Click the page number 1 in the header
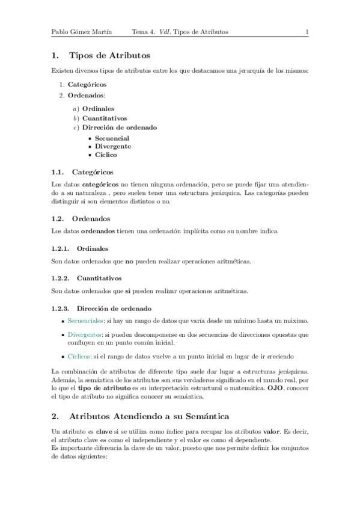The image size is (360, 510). pyautogui.click(x=307, y=32)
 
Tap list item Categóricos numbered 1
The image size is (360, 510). pyautogui.click(x=88, y=85)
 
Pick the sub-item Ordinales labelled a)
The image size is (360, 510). pyautogui.click(x=99, y=109)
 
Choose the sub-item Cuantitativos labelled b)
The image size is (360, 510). pyautogui.click(x=105, y=118)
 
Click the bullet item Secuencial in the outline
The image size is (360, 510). pyautogui.click(x=112, y=138)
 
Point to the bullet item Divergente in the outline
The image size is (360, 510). pyautogui.click(x=113, y=146)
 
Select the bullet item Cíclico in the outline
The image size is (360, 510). pyautogui.click(x=106, y=155)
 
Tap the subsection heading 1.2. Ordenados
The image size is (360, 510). pyautogui.click(x=91, y=218)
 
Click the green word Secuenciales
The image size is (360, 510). pyautogui.click(x=86, y=321)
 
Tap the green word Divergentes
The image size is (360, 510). pyautogui.click(x=85, y=334)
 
